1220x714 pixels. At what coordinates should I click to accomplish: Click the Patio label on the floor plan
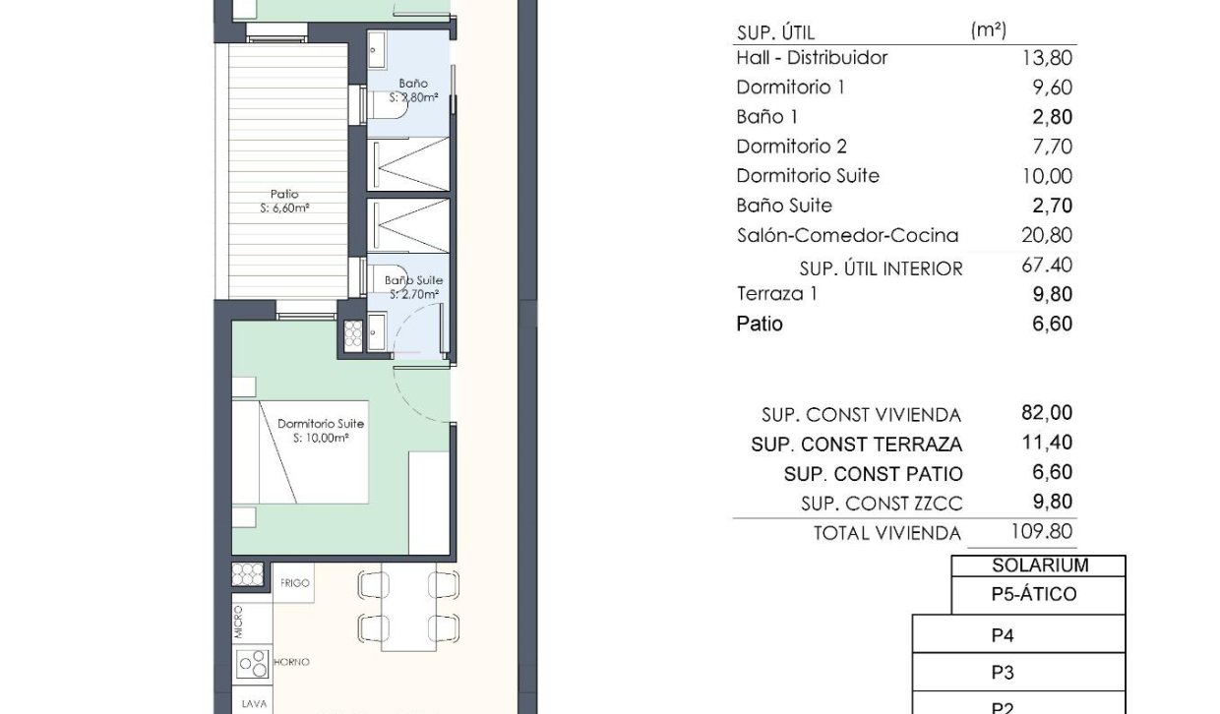284,195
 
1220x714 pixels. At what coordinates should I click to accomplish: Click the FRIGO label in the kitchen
294,583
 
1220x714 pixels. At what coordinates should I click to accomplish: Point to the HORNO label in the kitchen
292,663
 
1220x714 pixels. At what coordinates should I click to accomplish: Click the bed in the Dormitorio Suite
300,452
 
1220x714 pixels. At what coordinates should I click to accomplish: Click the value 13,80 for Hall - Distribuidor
1048,58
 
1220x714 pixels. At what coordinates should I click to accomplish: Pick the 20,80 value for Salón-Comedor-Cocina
1048,236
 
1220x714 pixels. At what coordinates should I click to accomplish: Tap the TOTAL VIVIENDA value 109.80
1043,533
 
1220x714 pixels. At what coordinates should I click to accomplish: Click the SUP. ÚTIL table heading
775,33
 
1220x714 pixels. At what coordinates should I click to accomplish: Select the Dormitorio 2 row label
791,147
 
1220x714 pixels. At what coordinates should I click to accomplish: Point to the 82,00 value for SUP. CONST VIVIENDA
1048,414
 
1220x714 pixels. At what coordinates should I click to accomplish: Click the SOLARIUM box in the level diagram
1039,565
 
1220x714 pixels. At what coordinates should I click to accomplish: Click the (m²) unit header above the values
988,30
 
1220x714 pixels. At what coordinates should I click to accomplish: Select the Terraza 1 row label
777,294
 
